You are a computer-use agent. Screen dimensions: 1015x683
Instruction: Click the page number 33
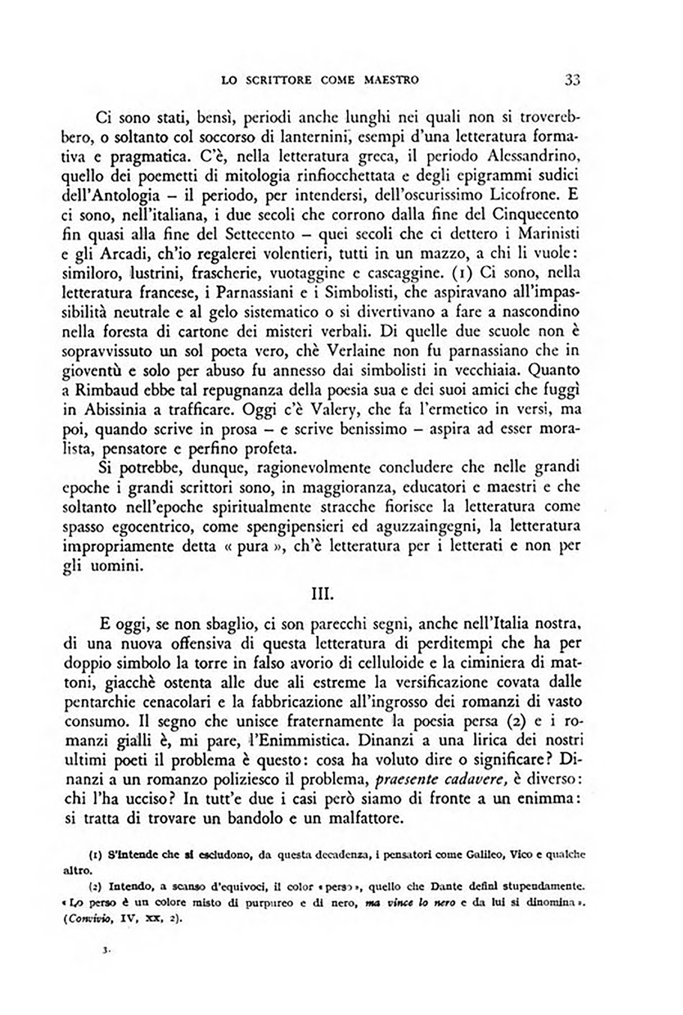[x=572, y=80]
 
